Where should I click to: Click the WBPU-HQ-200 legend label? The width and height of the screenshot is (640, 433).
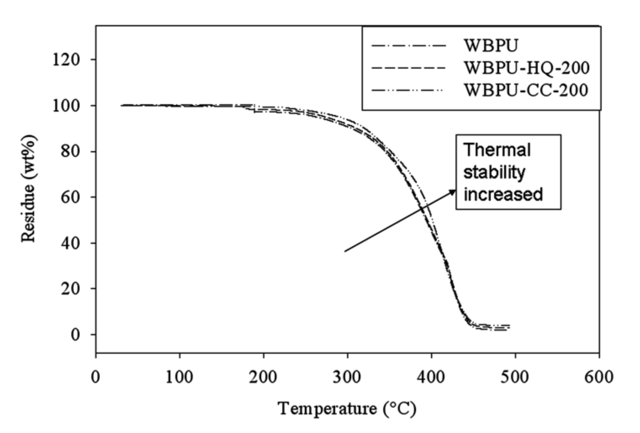point(527,68)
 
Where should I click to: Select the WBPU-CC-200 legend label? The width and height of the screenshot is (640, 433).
point(526,90)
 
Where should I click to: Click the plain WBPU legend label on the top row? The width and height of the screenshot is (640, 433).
point(491,46)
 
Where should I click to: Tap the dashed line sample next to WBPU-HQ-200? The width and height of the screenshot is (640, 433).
point(408,68)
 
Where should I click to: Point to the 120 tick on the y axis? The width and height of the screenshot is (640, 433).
point(66,60)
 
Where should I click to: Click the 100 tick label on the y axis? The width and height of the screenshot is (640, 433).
point(66,106)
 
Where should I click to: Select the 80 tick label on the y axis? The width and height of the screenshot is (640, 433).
point(70,151)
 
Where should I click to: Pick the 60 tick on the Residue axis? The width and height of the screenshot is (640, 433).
point(70,197)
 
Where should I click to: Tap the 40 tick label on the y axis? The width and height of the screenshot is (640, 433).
point(70,243)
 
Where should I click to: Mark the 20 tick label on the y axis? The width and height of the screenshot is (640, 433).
point(70,289)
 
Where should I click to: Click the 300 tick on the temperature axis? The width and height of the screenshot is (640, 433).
point(347,377)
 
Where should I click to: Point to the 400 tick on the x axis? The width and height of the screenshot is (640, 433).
point(431,377)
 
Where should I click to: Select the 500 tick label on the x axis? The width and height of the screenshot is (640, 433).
point(515,377)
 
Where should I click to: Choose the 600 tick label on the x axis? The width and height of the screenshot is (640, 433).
point(599,377)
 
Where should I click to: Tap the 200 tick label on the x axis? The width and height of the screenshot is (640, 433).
point(263,377)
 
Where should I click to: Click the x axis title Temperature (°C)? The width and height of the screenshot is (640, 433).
point(347,409)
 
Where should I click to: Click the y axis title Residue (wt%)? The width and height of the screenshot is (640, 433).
point(29,189)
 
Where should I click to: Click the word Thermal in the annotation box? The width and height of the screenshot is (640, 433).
point(497,150)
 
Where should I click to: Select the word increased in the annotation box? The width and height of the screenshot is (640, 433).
point(503,195)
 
